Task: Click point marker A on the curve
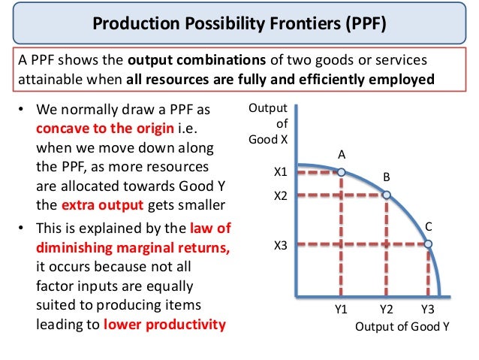click(x=341, y=172)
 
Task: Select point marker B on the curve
click(x=387, y=195)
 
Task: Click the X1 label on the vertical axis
click(x=280, y=172)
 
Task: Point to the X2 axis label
click(x=280, y=195)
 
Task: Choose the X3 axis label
click(x=280, y=244)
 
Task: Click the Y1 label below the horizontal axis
click(x=341, y=309)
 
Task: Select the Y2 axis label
click(x=387, y=309)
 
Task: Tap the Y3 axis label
click(x=428, y=309)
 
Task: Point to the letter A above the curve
click(x=341, y=154)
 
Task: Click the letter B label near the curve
click(x=387, y=177)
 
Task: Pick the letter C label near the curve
click(x=429, y=225)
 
